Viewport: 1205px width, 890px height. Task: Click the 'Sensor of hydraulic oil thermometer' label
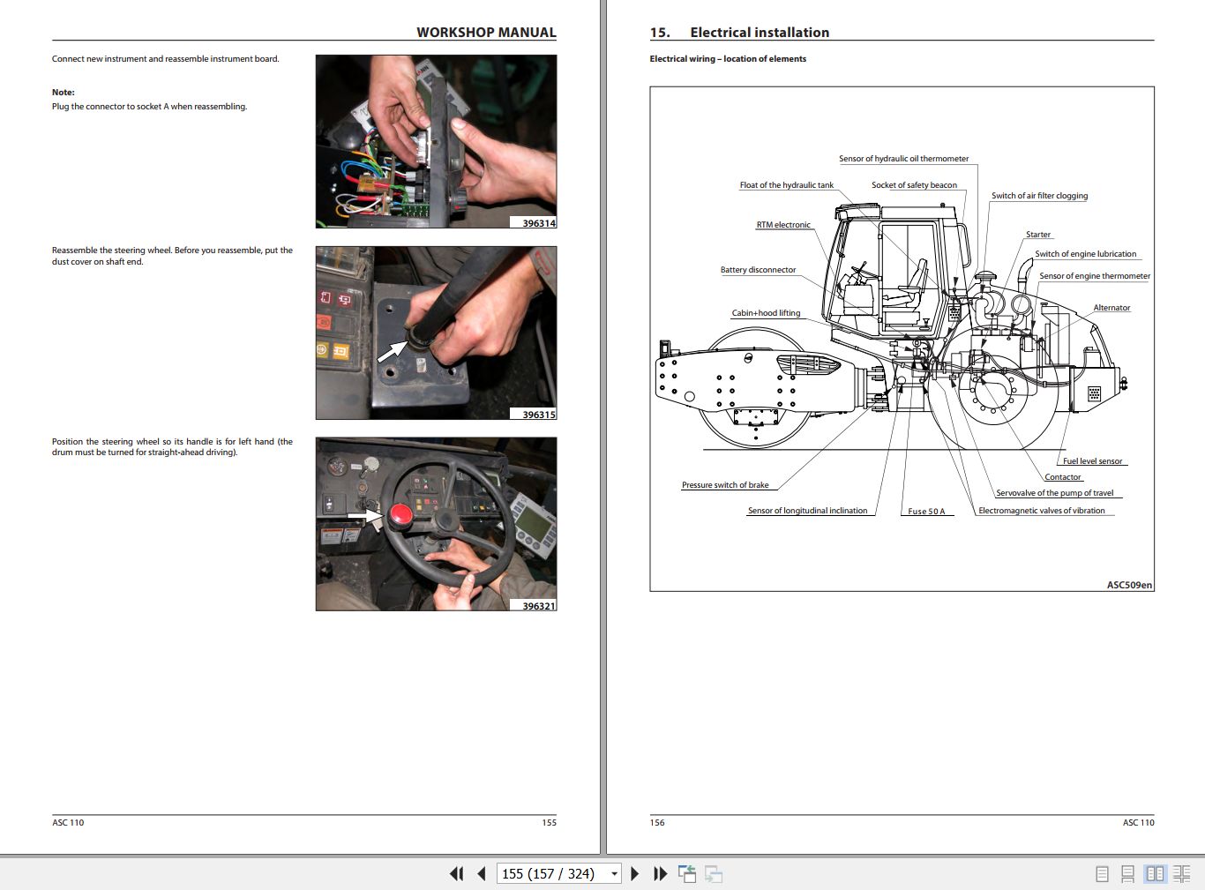pos(903,159)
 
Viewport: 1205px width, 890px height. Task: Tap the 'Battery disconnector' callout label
pos(758,270)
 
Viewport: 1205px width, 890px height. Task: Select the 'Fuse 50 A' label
pos(926,512)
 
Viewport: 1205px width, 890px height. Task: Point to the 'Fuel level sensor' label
pos(1092,461)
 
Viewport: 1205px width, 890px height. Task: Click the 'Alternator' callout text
pos(1111,308)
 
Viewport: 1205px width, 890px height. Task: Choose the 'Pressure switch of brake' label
pos(725,485)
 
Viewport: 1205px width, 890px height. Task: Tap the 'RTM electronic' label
pos(783,225)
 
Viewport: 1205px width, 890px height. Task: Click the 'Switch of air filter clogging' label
pos(1039,196)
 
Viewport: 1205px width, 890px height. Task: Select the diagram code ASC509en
pos(1129,585)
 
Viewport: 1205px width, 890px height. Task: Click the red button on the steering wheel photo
pos(401,515)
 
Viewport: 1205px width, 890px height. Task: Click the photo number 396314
pos(538,223)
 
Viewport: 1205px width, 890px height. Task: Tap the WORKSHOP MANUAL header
pos(486,33)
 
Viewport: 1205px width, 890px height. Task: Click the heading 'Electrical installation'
pos(759,33)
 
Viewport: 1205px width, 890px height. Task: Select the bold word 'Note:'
pos(64,92)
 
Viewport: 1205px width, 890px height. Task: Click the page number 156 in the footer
pos(657,822)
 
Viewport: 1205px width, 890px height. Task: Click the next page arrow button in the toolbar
pos(634,874)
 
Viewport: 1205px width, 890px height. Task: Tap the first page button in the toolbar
pos(456,874)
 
